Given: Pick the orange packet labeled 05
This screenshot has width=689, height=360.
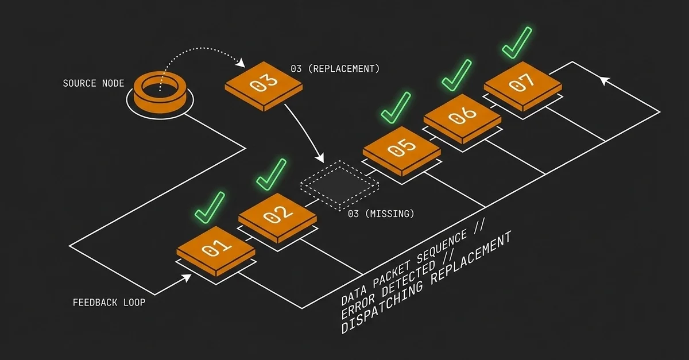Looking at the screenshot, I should point(402,148).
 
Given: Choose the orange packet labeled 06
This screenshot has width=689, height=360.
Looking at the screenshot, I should point(463,115).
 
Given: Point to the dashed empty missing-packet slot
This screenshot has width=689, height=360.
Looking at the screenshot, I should point(340,185).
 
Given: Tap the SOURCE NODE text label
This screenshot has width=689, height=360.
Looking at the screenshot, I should point(94,83).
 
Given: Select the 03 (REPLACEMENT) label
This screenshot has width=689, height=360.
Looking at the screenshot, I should point(335,69).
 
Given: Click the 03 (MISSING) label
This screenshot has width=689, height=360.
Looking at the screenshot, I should point(381,214).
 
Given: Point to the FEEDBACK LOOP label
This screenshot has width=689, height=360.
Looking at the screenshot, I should point(109,301).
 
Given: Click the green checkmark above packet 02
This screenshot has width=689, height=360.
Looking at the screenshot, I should point(270,173).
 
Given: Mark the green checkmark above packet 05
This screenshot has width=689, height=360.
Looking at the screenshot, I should point(396,107).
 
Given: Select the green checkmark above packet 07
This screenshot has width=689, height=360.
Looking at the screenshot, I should point(516,41).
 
